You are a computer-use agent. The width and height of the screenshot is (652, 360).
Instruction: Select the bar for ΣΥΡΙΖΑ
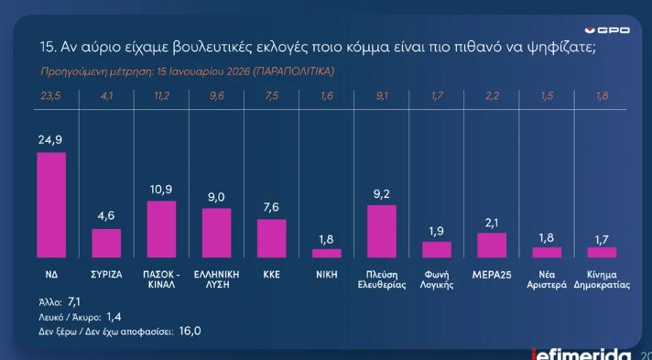(x=106, y=243)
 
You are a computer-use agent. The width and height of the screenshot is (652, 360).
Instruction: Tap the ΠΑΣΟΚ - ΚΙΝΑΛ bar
(x=161, y=229)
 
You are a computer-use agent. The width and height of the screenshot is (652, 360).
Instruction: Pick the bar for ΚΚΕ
(x=271, y=238)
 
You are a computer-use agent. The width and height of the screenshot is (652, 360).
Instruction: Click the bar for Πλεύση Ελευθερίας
(x=381, y=231)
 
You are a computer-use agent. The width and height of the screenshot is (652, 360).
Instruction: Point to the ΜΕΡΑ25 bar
(x=492, y=245)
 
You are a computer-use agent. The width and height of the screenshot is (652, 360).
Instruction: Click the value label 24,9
(x=50, y=141)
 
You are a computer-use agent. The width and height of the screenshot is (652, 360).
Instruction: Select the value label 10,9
(x=161, y=190)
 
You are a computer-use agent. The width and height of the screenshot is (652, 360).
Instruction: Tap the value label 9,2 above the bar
(x=381, y=194)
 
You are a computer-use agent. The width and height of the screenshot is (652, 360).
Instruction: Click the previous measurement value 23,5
(x=50, y=96)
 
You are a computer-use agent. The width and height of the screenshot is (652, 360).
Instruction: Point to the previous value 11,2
(x=161, y=96)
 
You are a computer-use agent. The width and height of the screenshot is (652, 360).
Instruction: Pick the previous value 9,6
(x=216, y=96)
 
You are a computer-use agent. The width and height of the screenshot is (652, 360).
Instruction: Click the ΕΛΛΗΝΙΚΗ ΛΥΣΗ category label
(x=216, y=278)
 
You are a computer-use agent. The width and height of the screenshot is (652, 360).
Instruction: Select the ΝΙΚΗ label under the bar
(x=326, y=274)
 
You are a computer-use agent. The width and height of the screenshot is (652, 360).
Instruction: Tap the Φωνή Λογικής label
(x=437, y=278)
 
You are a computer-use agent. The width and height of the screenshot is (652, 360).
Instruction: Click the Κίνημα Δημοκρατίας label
(x=602, y=278)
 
